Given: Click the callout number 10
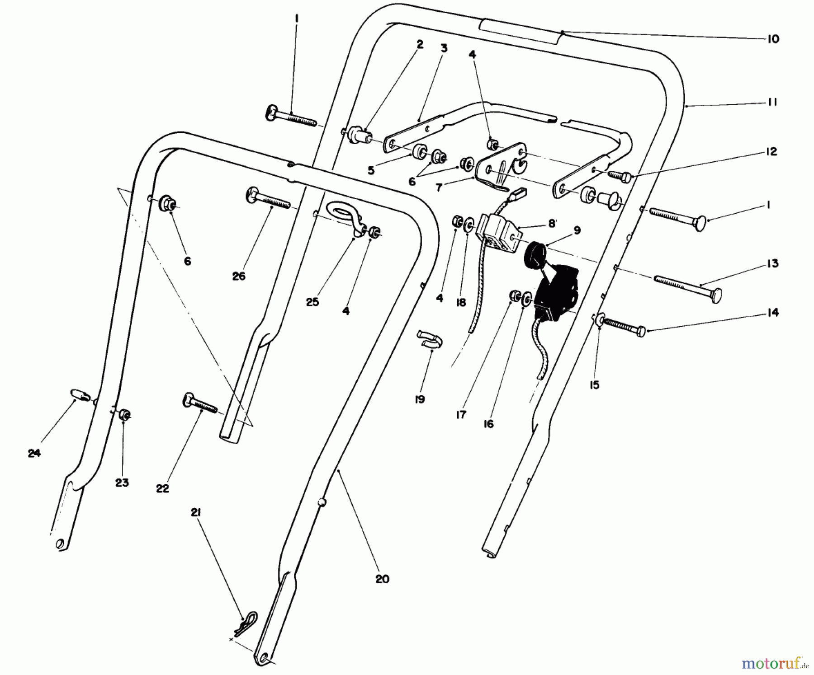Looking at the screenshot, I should click(x=773, y=39).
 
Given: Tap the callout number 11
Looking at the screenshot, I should click(x=772, y=103).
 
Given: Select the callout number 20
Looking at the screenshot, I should click(x=382, y=579).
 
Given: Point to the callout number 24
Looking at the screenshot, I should click(x=34, y=453).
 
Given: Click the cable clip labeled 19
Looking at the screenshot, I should click(x=429, y=339).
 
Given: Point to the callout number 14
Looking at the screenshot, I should click(x=772, y=313).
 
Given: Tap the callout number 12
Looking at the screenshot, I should click(x=771, y=152).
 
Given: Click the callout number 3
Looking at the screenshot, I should click(x=444, y=48).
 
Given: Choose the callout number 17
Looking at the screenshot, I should click(x=461, y=415).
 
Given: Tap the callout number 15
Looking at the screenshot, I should click(x=594, y=385).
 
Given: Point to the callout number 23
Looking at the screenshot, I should click(x=122, y=483).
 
